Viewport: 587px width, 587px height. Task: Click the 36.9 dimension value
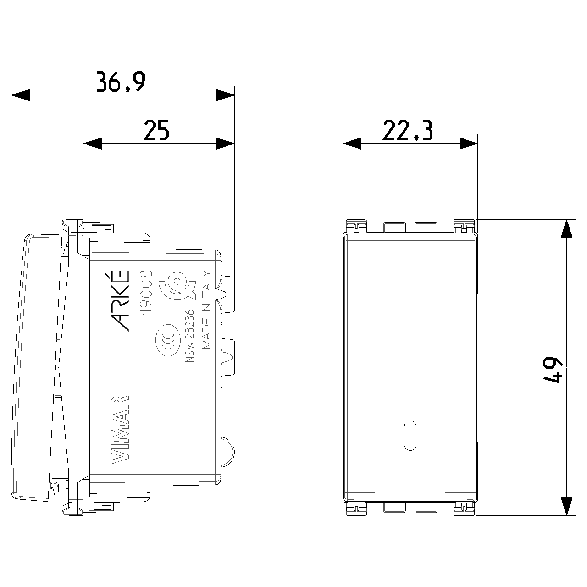121,82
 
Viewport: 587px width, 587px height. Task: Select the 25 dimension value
156,130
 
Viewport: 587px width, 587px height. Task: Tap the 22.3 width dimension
407,130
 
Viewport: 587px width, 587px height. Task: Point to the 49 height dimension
553,370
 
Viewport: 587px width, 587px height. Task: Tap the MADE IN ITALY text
206,310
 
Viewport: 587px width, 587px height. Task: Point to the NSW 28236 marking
190,336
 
